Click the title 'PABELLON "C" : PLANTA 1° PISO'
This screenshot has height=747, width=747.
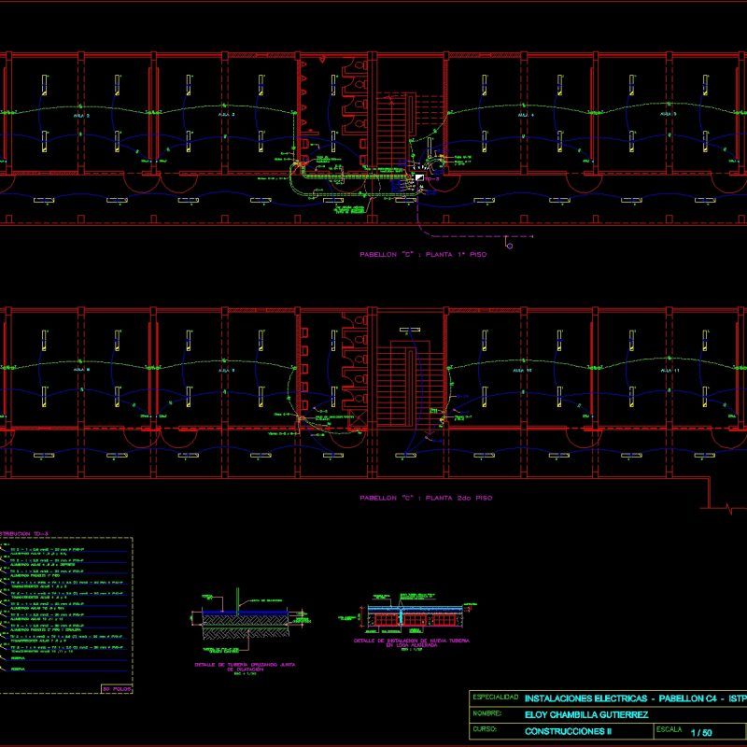pos(425,254)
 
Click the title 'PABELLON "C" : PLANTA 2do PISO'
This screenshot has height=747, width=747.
pos(425,499)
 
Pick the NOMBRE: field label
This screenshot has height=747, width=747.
pos(488,714)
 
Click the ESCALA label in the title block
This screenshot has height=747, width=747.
pos(670,728)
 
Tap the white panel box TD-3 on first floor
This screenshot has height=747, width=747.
pos(420,176)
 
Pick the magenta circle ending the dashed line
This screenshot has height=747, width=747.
pos(509,247)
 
